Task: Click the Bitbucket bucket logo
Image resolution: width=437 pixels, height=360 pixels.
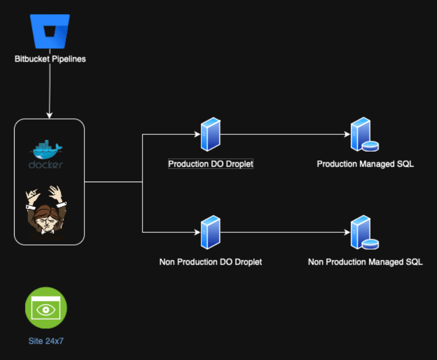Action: (50, 32)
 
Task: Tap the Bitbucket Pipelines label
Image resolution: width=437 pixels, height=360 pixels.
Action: (50, 59)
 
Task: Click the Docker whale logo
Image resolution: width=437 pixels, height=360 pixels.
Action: (46, 150)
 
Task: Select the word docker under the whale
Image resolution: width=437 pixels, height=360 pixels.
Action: (46, 165)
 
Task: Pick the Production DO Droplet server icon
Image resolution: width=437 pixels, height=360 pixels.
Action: (210, 134)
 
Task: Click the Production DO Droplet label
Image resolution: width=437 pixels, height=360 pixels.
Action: (211, 164)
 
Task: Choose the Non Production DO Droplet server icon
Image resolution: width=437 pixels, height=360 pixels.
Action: (210, 232)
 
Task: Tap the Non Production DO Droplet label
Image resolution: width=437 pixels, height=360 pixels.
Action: (211, 262)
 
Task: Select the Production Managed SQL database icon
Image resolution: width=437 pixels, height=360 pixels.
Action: (364, 135)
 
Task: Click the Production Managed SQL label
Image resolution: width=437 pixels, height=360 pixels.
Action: (365, 164)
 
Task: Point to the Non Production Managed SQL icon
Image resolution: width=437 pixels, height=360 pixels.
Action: (364, 233)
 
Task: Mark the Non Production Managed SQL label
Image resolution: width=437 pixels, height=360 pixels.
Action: (365, 262)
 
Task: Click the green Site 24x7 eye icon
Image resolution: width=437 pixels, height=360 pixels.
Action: (46, 308)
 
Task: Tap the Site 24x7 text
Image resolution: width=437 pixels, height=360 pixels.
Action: (46, 341)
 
